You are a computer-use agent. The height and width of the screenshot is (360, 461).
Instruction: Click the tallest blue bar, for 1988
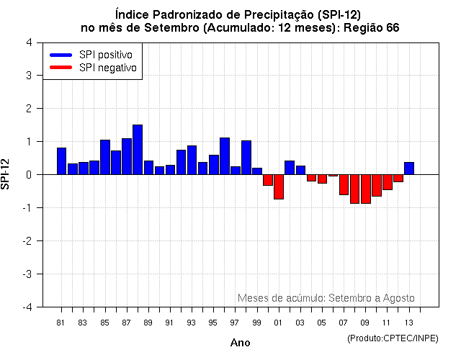coord(138,150)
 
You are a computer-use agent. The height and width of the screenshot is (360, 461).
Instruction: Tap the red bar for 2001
coord(278,186)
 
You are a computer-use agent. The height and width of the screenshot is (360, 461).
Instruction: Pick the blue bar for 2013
coord(408,168)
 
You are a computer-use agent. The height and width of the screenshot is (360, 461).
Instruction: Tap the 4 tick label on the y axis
coord(28,42)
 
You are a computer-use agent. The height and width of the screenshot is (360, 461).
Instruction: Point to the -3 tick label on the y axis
coord(27,274)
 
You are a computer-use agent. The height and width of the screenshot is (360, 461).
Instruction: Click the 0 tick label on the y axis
coord(28,174)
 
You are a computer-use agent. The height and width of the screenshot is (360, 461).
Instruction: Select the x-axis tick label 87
coord(126,323)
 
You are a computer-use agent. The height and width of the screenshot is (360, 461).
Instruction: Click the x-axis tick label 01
coord(278,323)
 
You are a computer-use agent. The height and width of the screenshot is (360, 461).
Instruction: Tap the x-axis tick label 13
coord(408,323)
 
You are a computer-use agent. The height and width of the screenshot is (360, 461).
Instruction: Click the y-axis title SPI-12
coord(7,174)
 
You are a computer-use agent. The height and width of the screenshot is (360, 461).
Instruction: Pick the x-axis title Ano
coord(240,343)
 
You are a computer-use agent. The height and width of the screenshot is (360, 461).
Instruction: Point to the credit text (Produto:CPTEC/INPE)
coord(393,338)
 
